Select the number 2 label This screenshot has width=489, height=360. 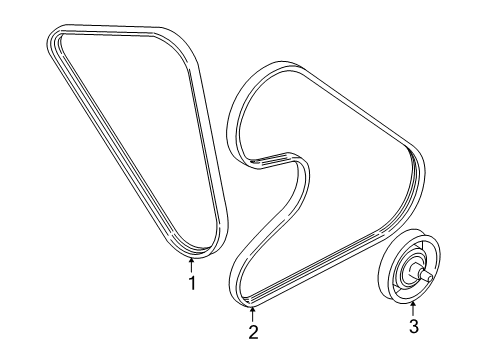pos(253,333)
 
